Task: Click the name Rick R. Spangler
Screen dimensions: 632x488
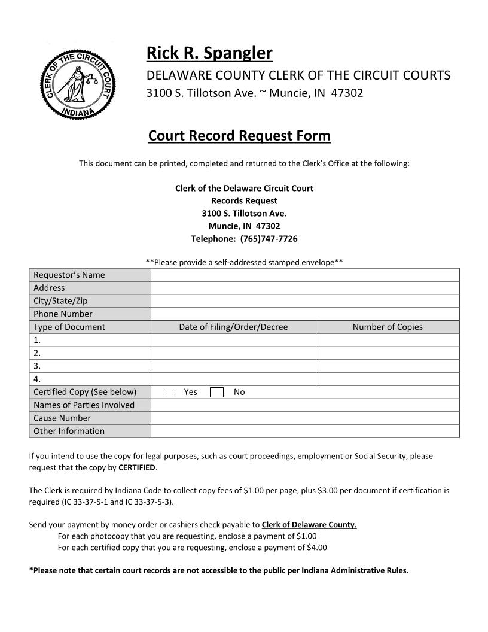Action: (x=209, y=53)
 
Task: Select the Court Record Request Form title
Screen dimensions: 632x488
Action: (x=239, y=136)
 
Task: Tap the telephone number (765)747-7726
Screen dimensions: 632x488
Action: (x=269, y=239)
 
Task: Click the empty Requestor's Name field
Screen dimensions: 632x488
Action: (x=305, y=275)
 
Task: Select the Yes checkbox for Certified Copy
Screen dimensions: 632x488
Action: (x=169, y=393)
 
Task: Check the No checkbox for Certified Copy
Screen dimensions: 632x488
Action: (x=218, y=393)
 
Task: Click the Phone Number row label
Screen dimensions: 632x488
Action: (x=63, y=314)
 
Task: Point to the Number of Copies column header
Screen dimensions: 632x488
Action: (x=388, y=327)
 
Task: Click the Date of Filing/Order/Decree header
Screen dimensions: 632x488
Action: (x=233, y=327)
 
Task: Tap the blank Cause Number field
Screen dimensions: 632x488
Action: (x=305, y=418)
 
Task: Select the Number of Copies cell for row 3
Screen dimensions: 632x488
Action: (x=388, y=366)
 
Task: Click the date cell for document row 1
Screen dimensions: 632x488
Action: (x=233, y=340)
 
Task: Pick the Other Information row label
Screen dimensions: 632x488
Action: (x=69, y=432)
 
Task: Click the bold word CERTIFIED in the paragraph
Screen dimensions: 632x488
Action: (x=137, y=467)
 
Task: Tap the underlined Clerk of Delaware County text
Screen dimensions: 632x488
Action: (x=309, y=525)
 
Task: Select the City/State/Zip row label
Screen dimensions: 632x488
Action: (x=60, y=301)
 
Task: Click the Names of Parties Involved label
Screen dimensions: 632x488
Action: (x=84, y=405)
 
